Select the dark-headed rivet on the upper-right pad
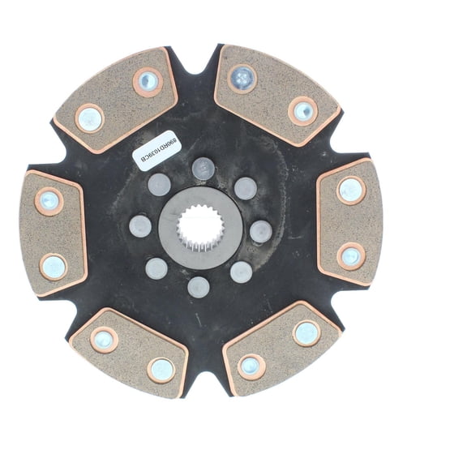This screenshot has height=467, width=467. [x=242, y=79]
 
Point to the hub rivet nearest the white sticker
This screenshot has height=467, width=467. [x=159, y=185]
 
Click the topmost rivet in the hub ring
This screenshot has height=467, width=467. [x=203, y=169]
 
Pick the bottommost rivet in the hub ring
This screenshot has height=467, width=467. [x=198, y=286]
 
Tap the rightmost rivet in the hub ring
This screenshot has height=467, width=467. [x=259, y=231]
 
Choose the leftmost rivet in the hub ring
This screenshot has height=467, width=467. [x=140, y=225]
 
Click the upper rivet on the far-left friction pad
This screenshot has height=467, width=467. [x=49, y=201]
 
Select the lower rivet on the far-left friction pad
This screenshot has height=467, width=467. [x=54, y=265]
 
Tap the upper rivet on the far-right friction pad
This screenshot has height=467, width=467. [x=351, y=190]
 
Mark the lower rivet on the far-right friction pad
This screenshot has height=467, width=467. [x=351, y=255]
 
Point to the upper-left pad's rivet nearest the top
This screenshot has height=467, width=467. [x=148, y=80]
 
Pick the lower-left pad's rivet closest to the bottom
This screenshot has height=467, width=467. [x=161, y=369]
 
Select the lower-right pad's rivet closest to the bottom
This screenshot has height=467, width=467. [x=251, y=366]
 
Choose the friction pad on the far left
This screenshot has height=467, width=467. [x=52, y=233]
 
